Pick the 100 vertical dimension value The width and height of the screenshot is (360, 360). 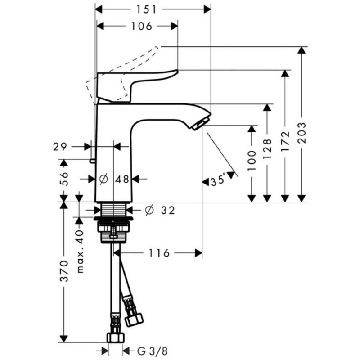click(252, 160)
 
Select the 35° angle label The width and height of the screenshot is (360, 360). click(217, 181)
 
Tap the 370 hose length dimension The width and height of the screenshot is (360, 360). click(64, 270)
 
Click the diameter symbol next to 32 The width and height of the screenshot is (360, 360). click(150, 210)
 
